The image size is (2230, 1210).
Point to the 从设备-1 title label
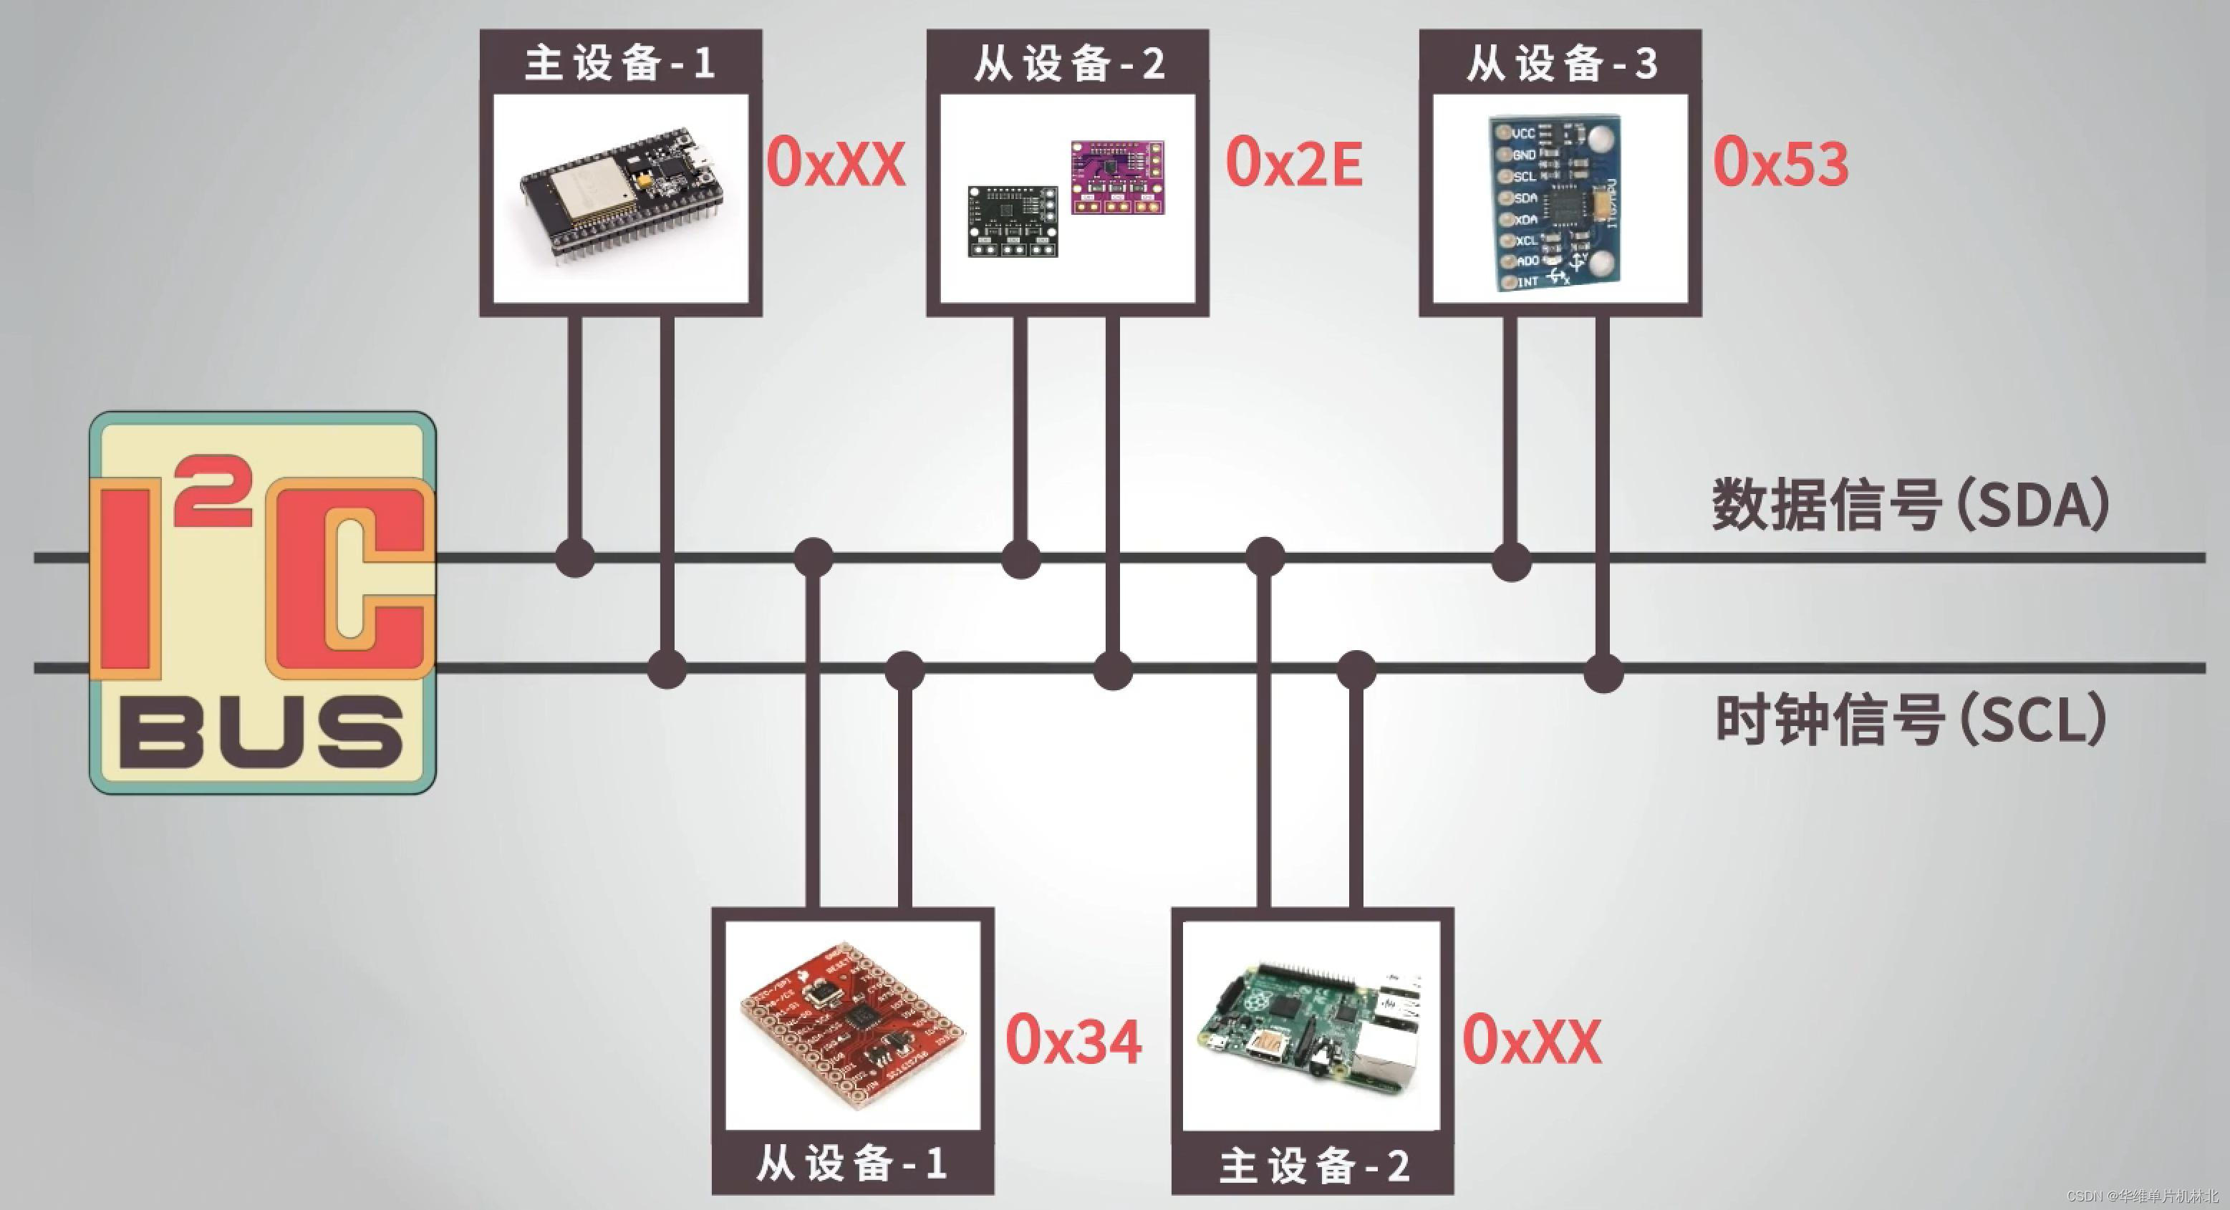[852, 1163]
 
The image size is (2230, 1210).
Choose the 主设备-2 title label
[1313, 1165]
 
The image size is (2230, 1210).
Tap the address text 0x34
[1073, 1040]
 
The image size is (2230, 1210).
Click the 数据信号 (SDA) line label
[1910, 505]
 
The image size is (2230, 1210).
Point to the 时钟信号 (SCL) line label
[1910, 720]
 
